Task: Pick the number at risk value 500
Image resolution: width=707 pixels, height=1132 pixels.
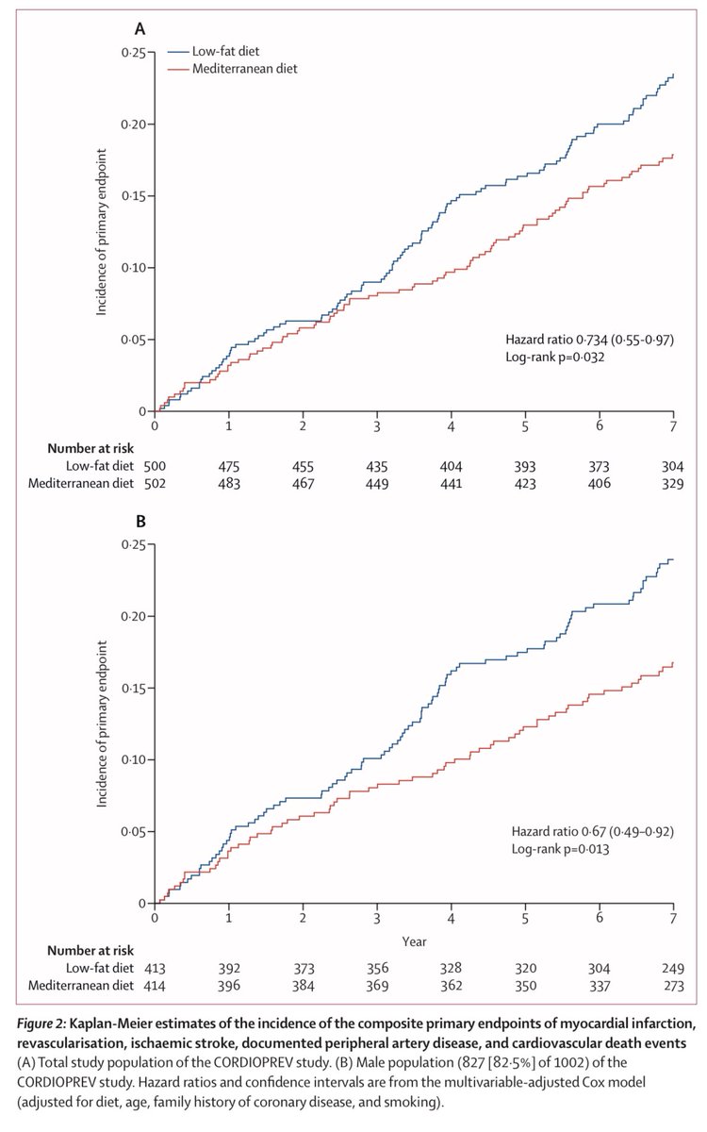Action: pos(154,465)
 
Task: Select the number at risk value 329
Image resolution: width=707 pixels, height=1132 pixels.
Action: pos(673,483)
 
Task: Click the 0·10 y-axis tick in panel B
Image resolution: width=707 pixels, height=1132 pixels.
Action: pos(132,760)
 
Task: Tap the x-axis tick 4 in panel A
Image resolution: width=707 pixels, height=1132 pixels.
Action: pos(451,425)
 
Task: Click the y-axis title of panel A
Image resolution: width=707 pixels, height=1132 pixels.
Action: pos(103,232)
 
